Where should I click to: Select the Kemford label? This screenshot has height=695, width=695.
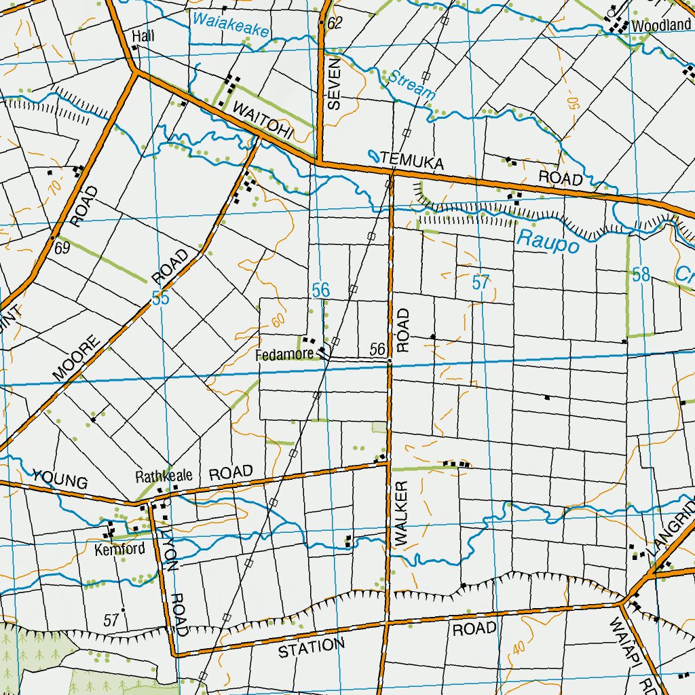pos(120,548)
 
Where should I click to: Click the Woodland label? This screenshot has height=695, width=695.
pos(660,26)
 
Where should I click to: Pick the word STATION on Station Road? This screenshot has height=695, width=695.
pos(307,648)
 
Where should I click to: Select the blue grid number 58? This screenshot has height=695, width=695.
pos(641,275)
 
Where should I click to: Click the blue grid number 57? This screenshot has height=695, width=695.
pos(481,283)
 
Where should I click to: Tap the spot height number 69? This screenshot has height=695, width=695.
pos(62,248)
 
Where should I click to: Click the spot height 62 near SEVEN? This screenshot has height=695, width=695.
pos(335,23)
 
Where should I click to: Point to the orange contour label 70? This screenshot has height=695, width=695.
pos(54,186)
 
